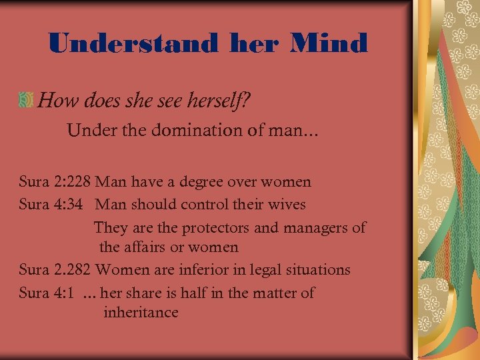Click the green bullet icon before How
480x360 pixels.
(27, 100)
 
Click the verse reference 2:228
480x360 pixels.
(72, 181)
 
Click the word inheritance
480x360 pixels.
(141, 312)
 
